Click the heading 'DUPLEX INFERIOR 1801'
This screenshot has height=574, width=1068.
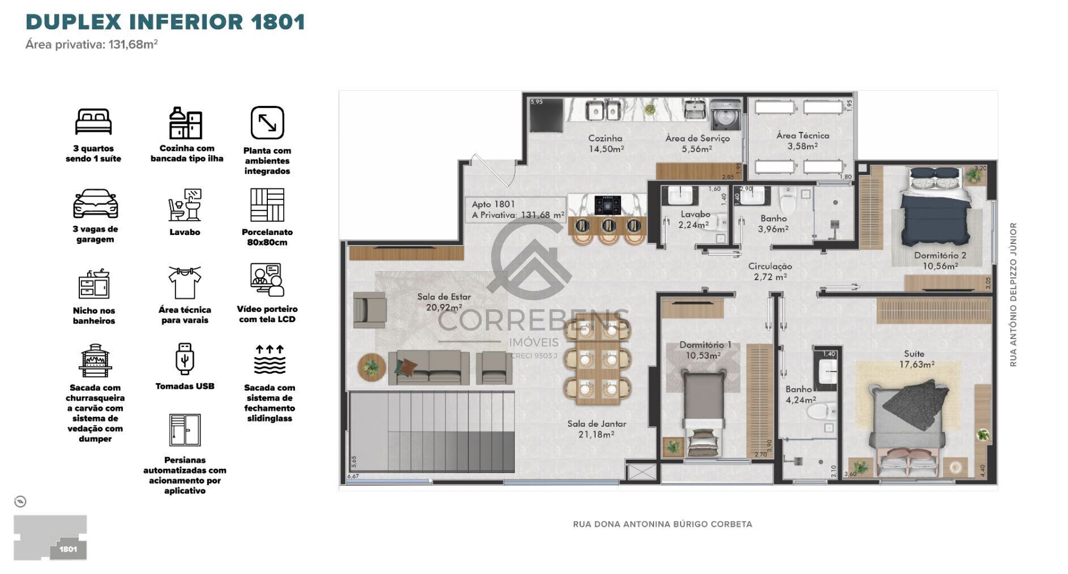pos(165,22)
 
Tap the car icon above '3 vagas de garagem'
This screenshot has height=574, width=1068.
pos(95,204)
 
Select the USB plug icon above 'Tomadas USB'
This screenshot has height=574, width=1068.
pos(185,358)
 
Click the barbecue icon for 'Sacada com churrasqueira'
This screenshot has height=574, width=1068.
pos(95,359)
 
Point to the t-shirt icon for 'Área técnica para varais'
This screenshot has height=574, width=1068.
pos(185,281)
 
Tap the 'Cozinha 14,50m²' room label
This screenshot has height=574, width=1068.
pos(605,143)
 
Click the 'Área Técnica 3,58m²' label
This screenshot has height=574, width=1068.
pos(802,140)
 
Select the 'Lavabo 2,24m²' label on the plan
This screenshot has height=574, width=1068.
pos(695,220)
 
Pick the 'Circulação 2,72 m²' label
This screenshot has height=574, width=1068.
pos(770,271)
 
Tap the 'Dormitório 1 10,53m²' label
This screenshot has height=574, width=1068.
pos(705,350)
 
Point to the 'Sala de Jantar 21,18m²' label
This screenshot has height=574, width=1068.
pos(596,429)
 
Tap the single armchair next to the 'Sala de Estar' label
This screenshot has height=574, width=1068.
pos(369,310)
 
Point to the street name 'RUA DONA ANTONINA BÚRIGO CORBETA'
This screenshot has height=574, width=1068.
pos(662,524)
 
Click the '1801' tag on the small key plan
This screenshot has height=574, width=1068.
pos(68,549)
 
